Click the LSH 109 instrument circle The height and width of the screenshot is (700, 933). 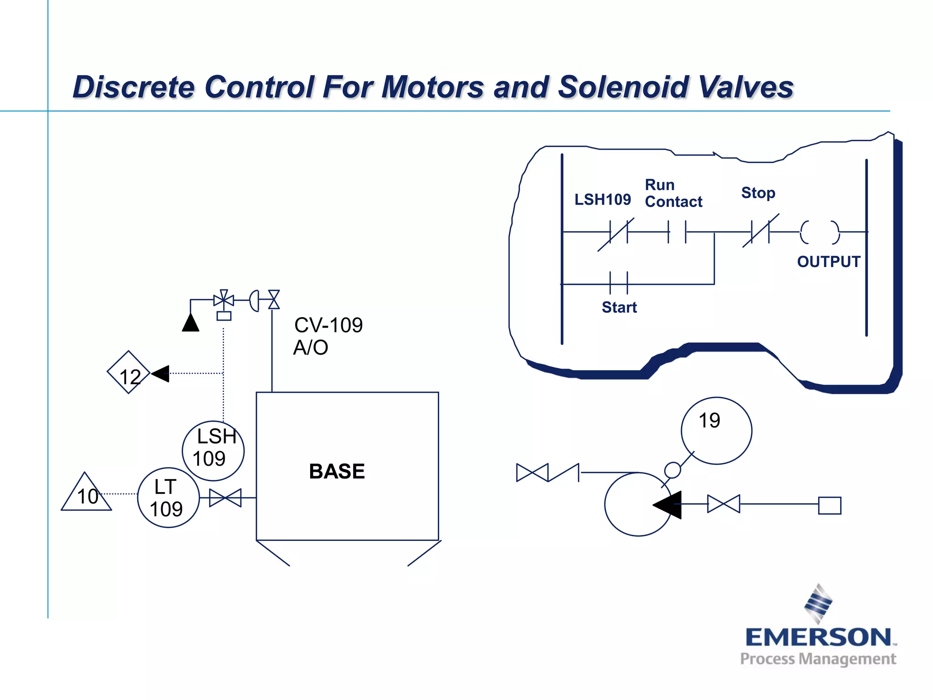(x=213, y=451)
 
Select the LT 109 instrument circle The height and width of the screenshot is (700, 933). (x=168, y=498)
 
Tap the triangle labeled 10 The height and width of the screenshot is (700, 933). (x=86, y=495)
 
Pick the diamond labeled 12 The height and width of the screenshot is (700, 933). (x=128, y=372)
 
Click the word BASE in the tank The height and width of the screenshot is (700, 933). (x=337, y=471)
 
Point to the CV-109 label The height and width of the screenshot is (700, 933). (x=328, y=325)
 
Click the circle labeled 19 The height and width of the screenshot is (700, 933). (x=716, y=431)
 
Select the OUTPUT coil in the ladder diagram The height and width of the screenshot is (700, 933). (x=820, y=232)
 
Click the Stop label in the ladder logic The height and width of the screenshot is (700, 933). (x=758, y=193)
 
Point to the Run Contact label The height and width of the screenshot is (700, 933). (x=673, y=193)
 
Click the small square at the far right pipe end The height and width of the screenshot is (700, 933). (x=830, y=505)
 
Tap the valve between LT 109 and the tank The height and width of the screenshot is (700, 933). (x=226, y=498)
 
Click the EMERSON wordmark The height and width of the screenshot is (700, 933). (x=818, y=637)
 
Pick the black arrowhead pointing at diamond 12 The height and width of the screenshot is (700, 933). (x=160, y=374)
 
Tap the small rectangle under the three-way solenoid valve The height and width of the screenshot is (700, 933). (x=224, y=316)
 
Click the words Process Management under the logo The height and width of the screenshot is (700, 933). (x=818, y=659)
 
